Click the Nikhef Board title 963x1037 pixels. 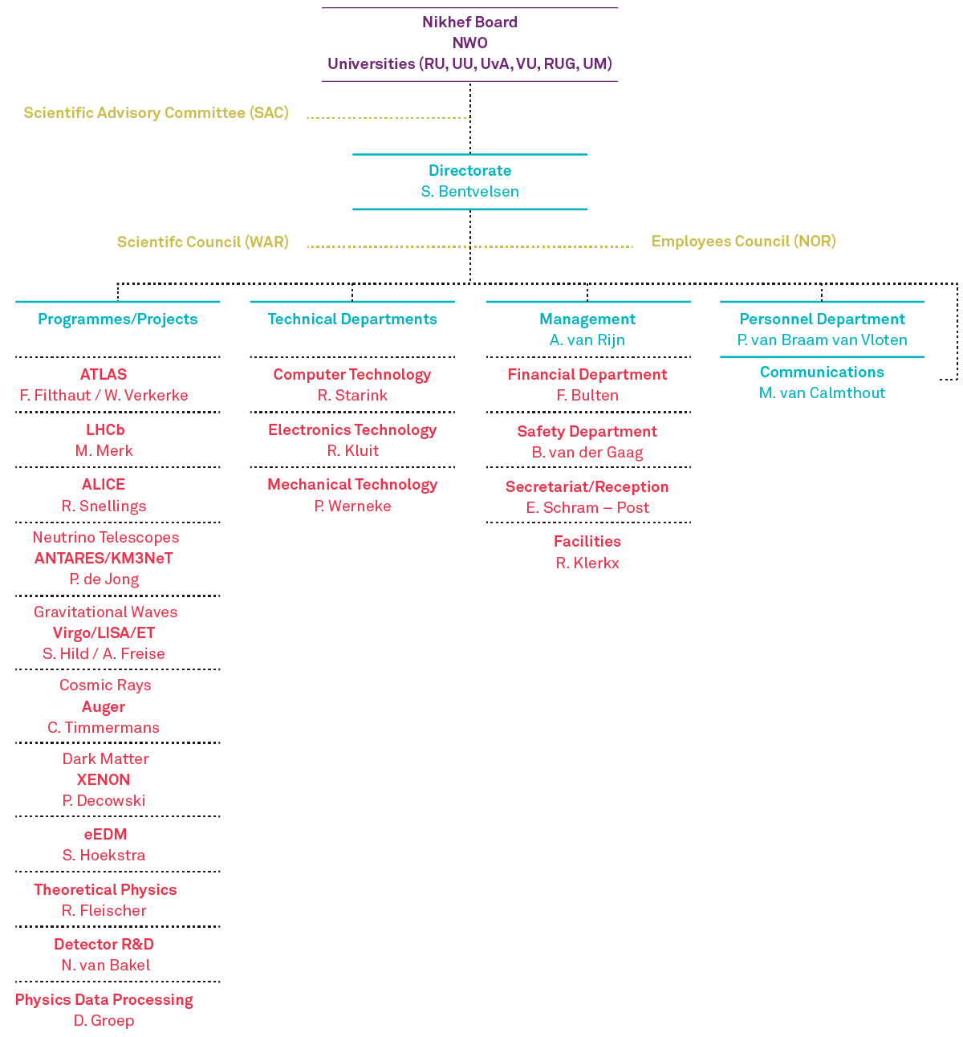tap(469, 22)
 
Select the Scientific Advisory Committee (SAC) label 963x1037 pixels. tap(156, 113)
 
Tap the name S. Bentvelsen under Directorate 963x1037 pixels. tap(469, 192)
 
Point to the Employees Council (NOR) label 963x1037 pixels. tap(743, 242)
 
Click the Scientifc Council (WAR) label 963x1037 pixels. tap(202, 242)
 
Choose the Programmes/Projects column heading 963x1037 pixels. tap(117, 319)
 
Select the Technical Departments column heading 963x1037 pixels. tap(352, 319)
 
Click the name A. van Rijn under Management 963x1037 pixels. tap(587, 340)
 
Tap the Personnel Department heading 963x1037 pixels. tap(822, 319)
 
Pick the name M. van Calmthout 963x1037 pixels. tap(822, 392)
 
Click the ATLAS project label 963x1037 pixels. tap(104, 374)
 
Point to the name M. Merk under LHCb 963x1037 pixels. tap(104, 450)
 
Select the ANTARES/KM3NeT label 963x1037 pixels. tap(104, 558)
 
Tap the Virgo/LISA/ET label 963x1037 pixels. tap(104, 632)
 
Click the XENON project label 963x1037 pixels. tap(104, 779)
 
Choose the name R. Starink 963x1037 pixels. tap(352, 395)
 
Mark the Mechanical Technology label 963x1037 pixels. tap(352, 485)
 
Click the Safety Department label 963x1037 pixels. tap(587, 431)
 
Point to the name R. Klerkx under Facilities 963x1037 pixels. tap(587, 563)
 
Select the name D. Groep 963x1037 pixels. tap(104, 1020)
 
